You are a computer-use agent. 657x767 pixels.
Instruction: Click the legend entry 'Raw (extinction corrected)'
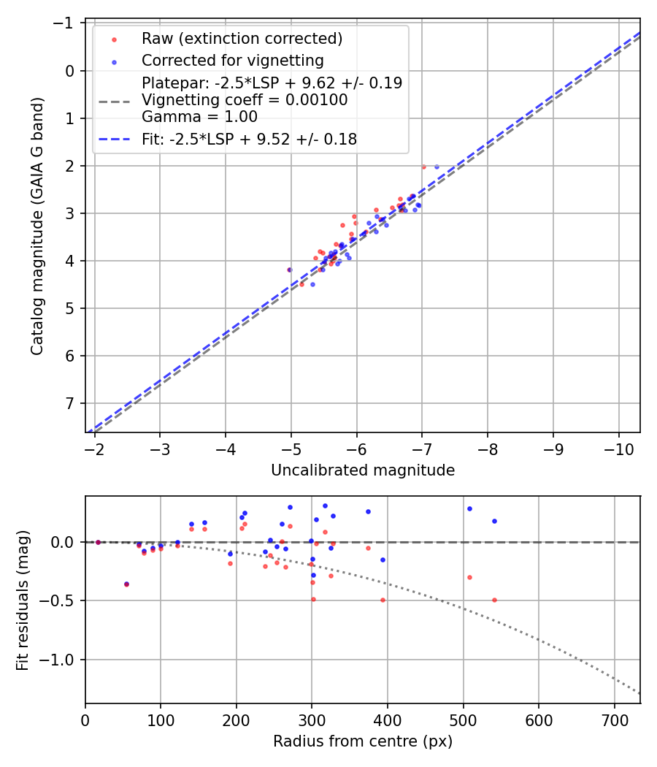point(242,38)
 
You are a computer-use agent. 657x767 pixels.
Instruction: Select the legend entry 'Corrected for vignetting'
point(232,60)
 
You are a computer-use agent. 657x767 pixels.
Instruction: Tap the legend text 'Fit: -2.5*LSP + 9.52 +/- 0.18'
point(249,140)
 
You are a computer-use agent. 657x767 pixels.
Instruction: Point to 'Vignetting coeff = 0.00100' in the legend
point(245,99)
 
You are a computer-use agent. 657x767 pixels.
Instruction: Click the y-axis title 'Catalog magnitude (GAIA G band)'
point(37,226)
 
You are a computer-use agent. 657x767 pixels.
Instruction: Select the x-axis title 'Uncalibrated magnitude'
point(363,470)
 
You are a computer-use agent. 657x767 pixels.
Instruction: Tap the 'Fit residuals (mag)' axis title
point(23,600)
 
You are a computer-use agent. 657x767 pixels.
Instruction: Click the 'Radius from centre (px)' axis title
point(363,741)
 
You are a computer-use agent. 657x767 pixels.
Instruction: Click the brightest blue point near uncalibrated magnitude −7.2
point(437,167)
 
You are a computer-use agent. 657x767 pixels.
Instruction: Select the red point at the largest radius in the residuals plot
point(494,600)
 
